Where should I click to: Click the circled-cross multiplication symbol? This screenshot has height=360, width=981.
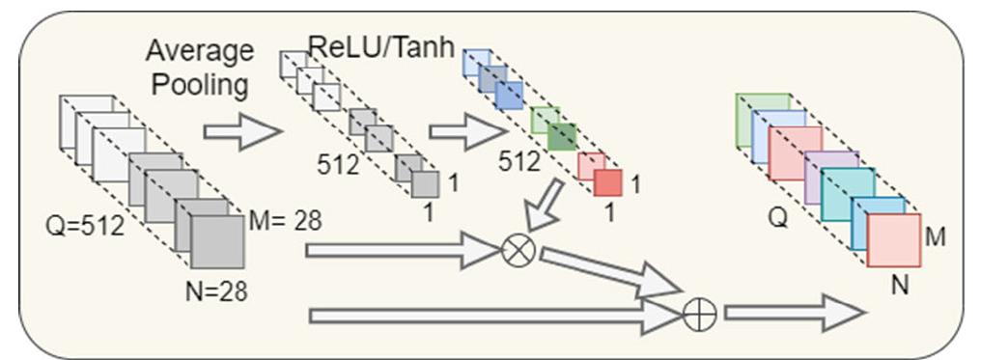coord(519,253)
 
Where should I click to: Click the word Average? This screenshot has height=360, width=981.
coord(199,50)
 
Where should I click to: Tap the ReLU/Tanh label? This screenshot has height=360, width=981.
coord(381,44)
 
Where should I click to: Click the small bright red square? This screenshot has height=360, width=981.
coord(608,181)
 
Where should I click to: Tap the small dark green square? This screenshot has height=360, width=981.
coord(562,136)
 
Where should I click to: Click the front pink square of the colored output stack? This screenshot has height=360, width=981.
coord(892,239)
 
